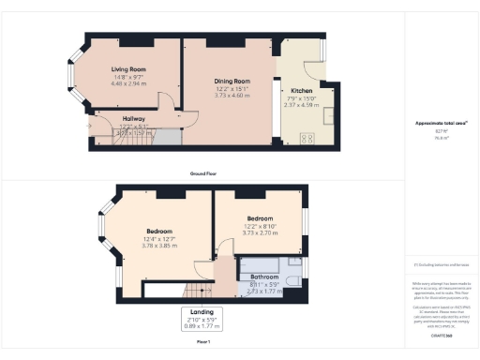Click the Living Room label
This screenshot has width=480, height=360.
tap(129, 69)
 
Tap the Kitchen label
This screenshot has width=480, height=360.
tap(302, 91)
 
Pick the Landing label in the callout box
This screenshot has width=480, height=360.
tap(202, 313)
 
